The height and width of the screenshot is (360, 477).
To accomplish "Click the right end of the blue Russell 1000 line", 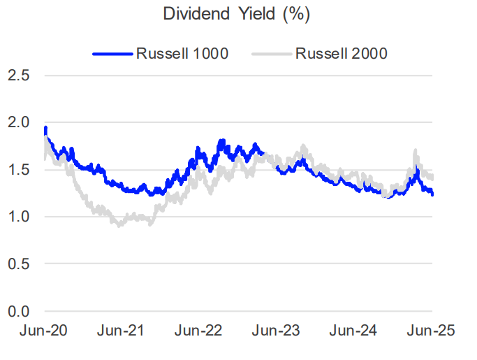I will [432, 194].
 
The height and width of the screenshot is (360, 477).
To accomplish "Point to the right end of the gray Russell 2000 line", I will [432, 179].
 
